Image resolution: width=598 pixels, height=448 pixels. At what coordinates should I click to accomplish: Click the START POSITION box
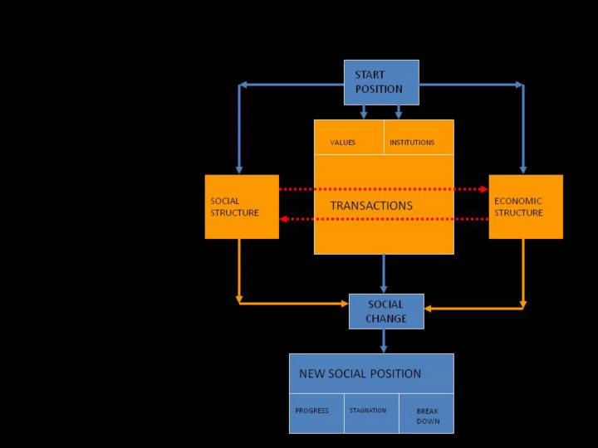click(x=381, y=82)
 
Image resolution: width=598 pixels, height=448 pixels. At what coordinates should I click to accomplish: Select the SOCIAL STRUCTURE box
click(x=242, y=207)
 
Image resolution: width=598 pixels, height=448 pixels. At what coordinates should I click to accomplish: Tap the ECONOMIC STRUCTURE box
click(x=525, y=207)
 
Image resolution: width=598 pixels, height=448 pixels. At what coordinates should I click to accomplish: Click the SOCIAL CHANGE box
click(x=386, y=311)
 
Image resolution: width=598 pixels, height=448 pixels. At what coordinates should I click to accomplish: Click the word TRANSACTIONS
click(x=371, y=206)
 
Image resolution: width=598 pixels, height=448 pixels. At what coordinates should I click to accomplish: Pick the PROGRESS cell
click(x=316, y=411)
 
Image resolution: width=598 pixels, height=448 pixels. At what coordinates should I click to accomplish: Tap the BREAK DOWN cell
click(x=426, y=414)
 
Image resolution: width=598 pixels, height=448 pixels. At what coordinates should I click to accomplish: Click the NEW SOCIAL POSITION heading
click(x=360, y=373)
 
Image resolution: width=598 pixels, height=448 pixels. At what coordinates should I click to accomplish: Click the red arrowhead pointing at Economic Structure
click(x=483, y=189)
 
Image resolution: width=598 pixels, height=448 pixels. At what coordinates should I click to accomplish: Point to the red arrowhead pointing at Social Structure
click(x=284, y=219)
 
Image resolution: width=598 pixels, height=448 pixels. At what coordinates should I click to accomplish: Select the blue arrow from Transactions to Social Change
click(x=384, y=274)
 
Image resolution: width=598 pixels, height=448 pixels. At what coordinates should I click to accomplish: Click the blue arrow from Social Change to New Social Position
click(x=384, y=341)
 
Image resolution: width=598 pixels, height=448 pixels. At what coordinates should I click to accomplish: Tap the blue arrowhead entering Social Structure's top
click(x=239, y=169)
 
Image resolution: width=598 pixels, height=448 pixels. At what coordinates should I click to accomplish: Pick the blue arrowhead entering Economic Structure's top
click(x=523, y=169)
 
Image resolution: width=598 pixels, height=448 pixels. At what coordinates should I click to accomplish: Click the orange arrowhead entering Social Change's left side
click(x=344, y=304)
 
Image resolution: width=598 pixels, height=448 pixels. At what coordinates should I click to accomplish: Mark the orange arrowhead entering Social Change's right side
click(x=429, y=309)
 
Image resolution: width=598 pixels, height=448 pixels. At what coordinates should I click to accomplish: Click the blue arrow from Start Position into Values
click(x=364, y=112)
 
